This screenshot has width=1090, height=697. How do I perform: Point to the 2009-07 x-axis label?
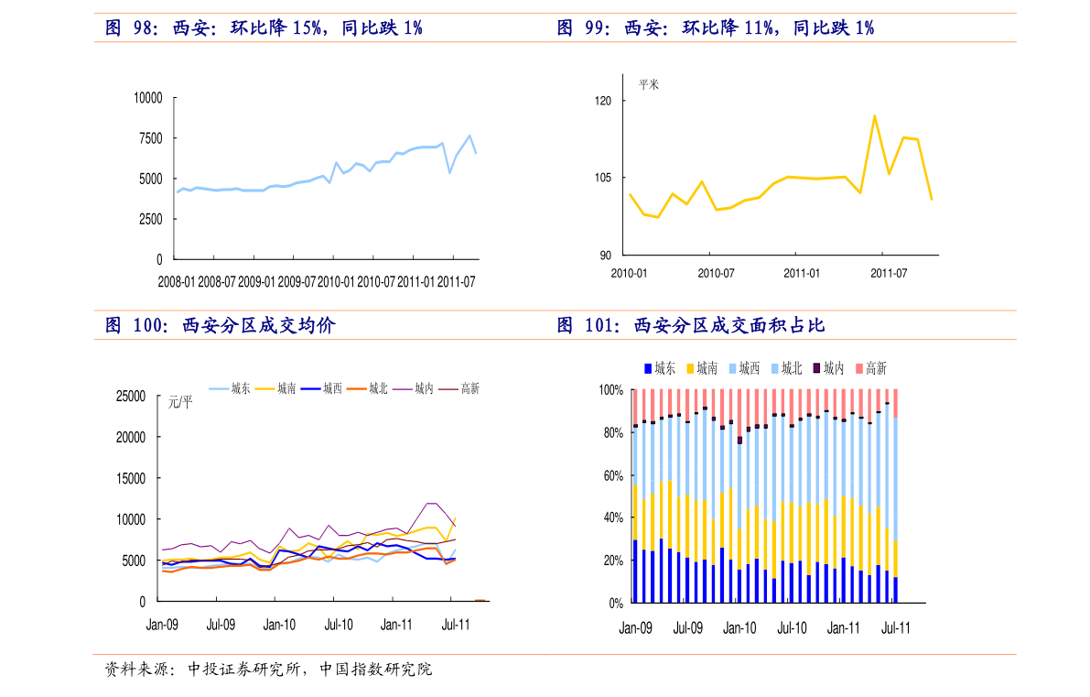point(297,281)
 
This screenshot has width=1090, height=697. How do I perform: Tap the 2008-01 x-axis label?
point(177,281)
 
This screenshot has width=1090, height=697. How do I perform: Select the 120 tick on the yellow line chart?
point(603,100)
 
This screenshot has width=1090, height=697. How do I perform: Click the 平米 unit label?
point(649,84)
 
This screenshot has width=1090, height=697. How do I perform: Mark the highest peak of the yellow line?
point(874,115)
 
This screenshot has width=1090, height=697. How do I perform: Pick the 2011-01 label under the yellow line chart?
point(802,273)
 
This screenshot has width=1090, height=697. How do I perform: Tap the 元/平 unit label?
point(180,401)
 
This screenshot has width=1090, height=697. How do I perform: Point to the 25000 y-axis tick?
point(130,397)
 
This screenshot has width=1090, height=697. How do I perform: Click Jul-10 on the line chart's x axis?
point(339,625)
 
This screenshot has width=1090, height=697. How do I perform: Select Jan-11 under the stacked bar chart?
point(843,628)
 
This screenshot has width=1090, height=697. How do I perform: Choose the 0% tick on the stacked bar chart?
point(613,603)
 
